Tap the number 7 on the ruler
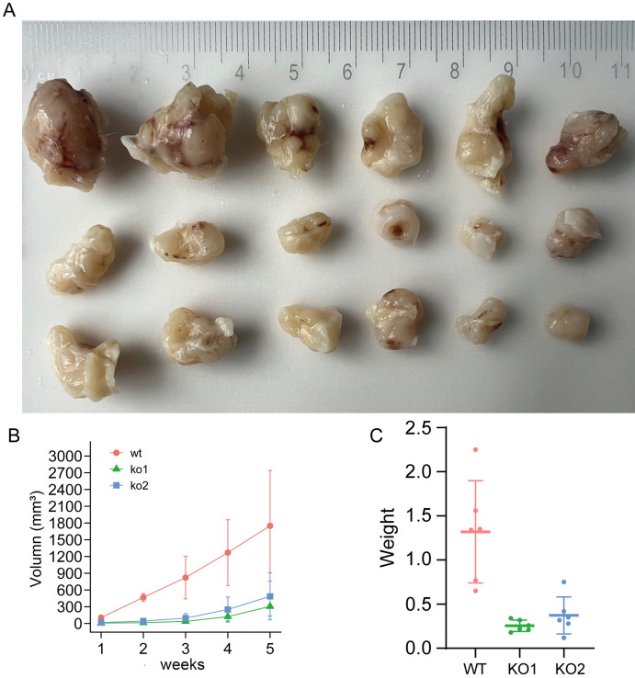402,71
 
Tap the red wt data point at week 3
186,577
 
